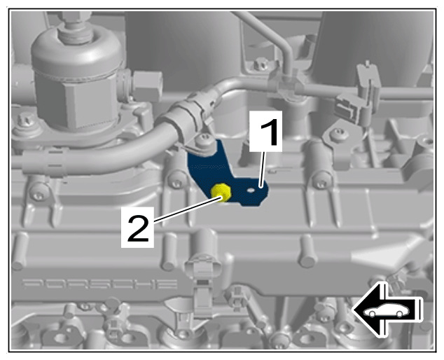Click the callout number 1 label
click(265, 131)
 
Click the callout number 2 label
click(138, 227)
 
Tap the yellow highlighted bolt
click(221, 192)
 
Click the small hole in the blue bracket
click(250, 191)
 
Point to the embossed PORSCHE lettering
click(99, 284)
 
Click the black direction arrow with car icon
click(387, 310)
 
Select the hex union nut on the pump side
click(148, 85)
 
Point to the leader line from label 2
click(188, 209)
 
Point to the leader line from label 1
click(263, 169)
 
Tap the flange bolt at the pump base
click(25, 120)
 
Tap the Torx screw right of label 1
click(338, 135)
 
